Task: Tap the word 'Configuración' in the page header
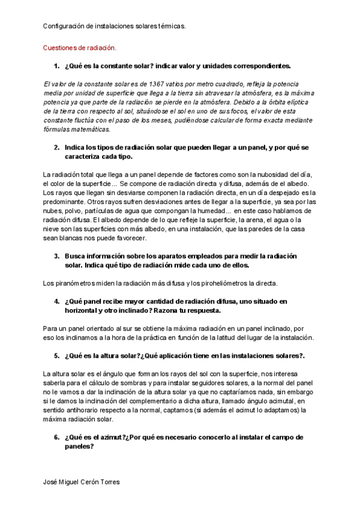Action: tap(64, 26)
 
